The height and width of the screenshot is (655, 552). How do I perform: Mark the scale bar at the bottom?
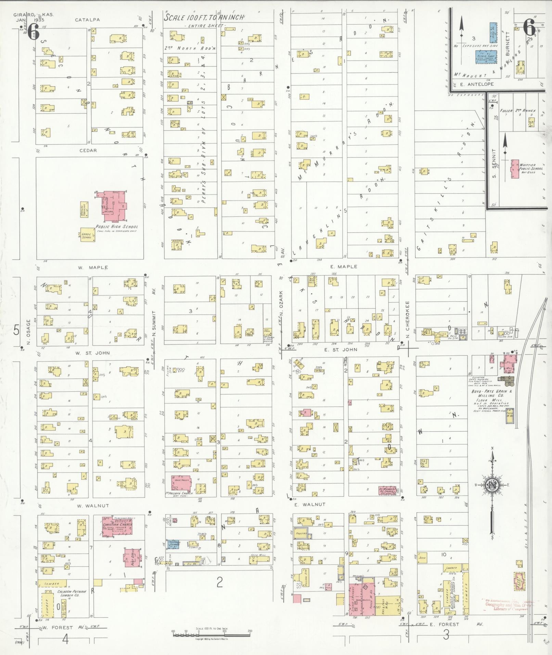pyautogui.click(x=211, y=634)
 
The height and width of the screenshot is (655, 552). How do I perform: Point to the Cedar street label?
pyautogui.click(x=89, y=150)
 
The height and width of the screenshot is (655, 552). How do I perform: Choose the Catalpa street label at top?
pyautogui.click(x=87, y=20)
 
